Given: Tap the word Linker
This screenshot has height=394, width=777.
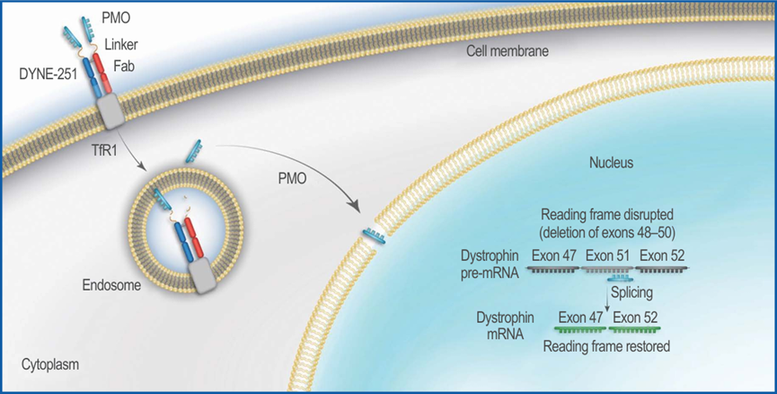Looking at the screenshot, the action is (121, 45).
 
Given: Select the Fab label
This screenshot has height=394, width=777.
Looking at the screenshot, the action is (124, 66).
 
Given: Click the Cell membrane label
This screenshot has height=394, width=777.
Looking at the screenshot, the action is (508, 51).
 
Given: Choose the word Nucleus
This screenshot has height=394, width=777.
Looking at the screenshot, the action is (611, 163).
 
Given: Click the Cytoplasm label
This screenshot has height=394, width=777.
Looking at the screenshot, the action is (50, 365).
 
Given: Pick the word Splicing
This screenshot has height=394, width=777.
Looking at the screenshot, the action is (631, 292).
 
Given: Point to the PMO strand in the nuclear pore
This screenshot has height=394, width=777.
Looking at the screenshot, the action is (375, 234).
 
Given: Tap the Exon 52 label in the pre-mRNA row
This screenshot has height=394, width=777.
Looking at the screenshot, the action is (661, 255).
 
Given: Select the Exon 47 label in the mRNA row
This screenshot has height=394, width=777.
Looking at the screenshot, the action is (581, 317).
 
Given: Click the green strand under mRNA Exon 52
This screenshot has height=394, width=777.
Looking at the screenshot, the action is (635, 328).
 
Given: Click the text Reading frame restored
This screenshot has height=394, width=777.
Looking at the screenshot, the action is (606, 346).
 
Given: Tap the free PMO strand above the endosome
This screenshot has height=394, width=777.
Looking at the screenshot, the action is (193, 151).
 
